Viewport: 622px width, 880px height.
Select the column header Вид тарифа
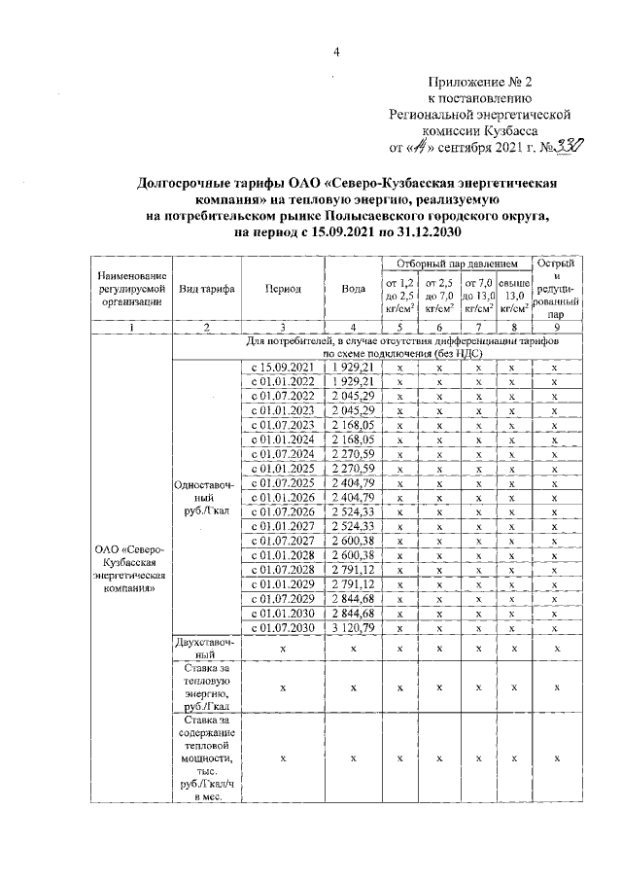point(205,288)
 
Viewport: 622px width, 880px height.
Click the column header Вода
point(354,288)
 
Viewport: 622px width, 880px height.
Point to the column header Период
point(282,288)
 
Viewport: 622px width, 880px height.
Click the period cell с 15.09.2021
point(282,368)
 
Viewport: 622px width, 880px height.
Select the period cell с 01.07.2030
point(282,629)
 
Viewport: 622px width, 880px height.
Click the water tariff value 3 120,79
point(354,629)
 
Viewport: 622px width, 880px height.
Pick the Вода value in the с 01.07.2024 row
point(354,454)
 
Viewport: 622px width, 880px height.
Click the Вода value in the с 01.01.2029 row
point(354,585)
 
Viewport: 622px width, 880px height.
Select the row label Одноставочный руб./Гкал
point(205,498)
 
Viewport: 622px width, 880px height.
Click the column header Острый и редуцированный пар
point(554,288)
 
